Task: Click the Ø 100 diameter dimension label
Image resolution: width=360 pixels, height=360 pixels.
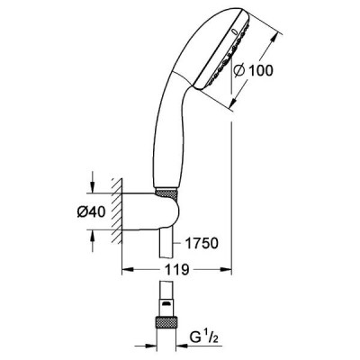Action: coord(254,71)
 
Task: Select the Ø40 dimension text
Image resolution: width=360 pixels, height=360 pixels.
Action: coord(92,212)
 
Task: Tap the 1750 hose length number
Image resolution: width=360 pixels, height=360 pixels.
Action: coord(202,243)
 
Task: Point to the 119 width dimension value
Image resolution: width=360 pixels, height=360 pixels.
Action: coord(176,269)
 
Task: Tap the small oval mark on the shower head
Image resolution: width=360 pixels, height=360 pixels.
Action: coord(235,31)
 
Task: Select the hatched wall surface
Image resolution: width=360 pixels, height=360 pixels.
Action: coord(117,211)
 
